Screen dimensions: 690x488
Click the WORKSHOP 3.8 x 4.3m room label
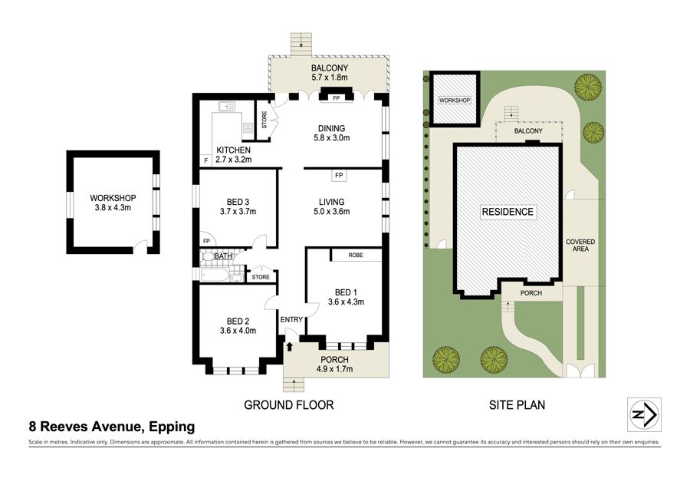[113, 203]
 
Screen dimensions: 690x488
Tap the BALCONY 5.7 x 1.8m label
[330, 73]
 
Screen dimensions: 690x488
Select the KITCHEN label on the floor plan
[233, 150]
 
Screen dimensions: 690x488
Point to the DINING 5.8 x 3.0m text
[331, 133]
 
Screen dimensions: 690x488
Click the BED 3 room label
[238, 202]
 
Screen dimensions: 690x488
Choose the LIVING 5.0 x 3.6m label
[331, 206]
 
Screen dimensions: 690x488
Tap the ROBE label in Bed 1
[356, 255]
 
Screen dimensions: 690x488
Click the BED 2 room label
[238, 321]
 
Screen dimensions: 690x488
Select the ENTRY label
[291, 320]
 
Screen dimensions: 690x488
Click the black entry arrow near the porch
[290, 347]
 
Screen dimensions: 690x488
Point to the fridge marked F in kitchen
[205, 161]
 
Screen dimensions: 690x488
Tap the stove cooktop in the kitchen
[248, 127]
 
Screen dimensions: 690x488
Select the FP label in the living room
[339, 175]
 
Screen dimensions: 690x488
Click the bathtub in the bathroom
[215, 275]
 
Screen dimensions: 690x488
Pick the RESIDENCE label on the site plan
[508, 212]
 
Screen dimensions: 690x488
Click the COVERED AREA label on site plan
[580, 246]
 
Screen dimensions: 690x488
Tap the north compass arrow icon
[644, 414]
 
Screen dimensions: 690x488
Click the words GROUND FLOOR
[289, 405]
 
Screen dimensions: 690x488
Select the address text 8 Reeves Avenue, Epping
[112, 427]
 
